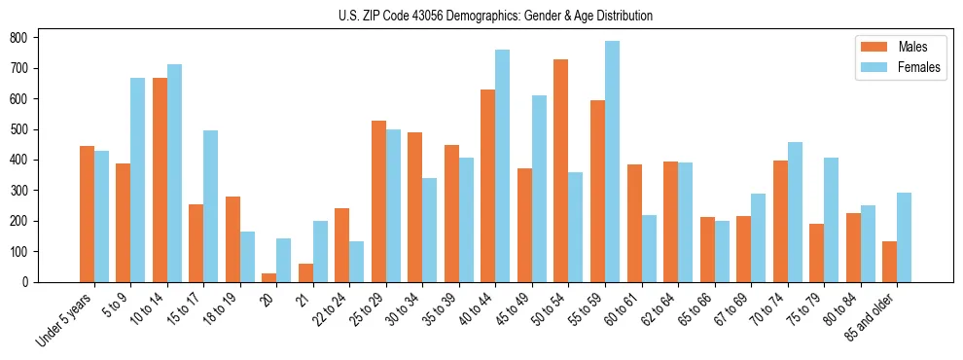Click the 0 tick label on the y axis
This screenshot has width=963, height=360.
click(x=32, y=282)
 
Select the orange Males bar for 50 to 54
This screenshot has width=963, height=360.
click(x=561, y=170)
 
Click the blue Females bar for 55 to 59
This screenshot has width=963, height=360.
click(x=612, y=162)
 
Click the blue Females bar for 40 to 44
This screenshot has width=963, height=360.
click(x=503, y=165)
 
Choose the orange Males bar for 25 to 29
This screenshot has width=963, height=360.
click(x=378, y=201)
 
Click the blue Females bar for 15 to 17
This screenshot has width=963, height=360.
click(x=211, y=206)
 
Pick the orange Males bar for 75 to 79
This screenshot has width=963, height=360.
click(x=816, y=253)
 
